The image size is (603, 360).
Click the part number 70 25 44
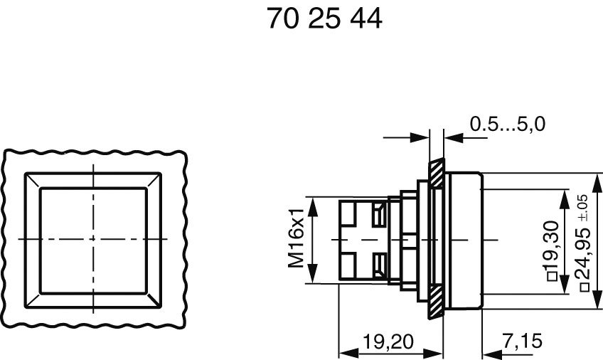pyautogui.click(x=325, y=19)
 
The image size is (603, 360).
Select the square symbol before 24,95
pyautogui.click(x=584, y=287)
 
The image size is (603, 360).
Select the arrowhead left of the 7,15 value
pyautogui.click(x=491, y=352)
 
